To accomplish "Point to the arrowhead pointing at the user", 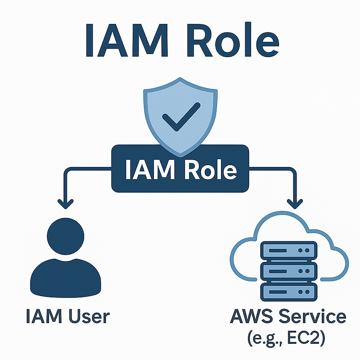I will click(x=66, y=203).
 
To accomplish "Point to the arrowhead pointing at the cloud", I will click(x=295, y=203).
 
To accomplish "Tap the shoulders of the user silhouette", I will click(x=66, y=274).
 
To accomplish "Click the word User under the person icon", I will click(x=88, y=316).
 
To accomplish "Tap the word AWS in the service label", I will click(x=250, y=316).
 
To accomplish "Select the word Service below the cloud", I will click(x=310, y=316).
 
